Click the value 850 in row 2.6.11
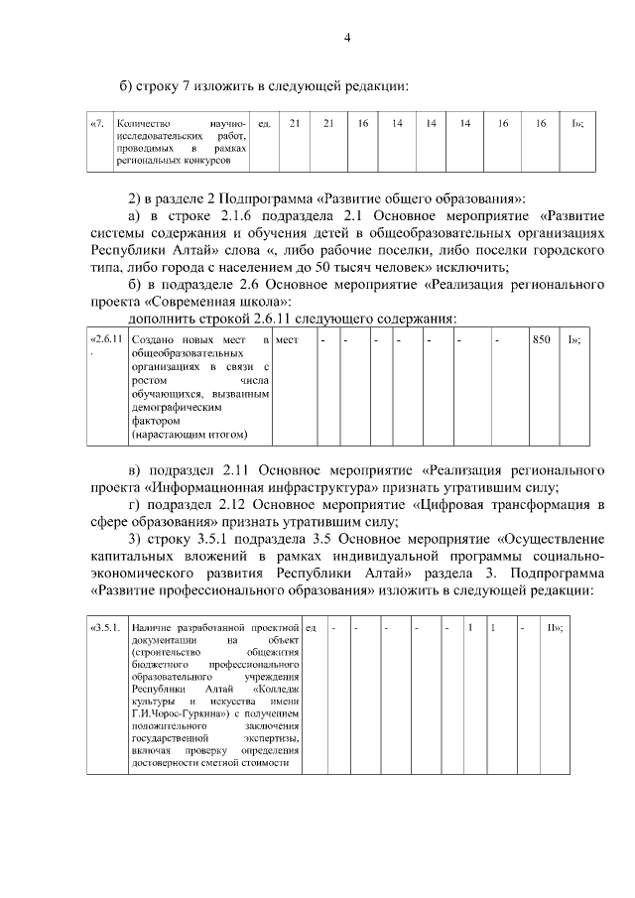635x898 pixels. [x=541, y=339]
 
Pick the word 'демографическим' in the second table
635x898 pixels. [x=173, y=406]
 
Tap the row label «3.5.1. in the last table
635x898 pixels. [x=105, y=628]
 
